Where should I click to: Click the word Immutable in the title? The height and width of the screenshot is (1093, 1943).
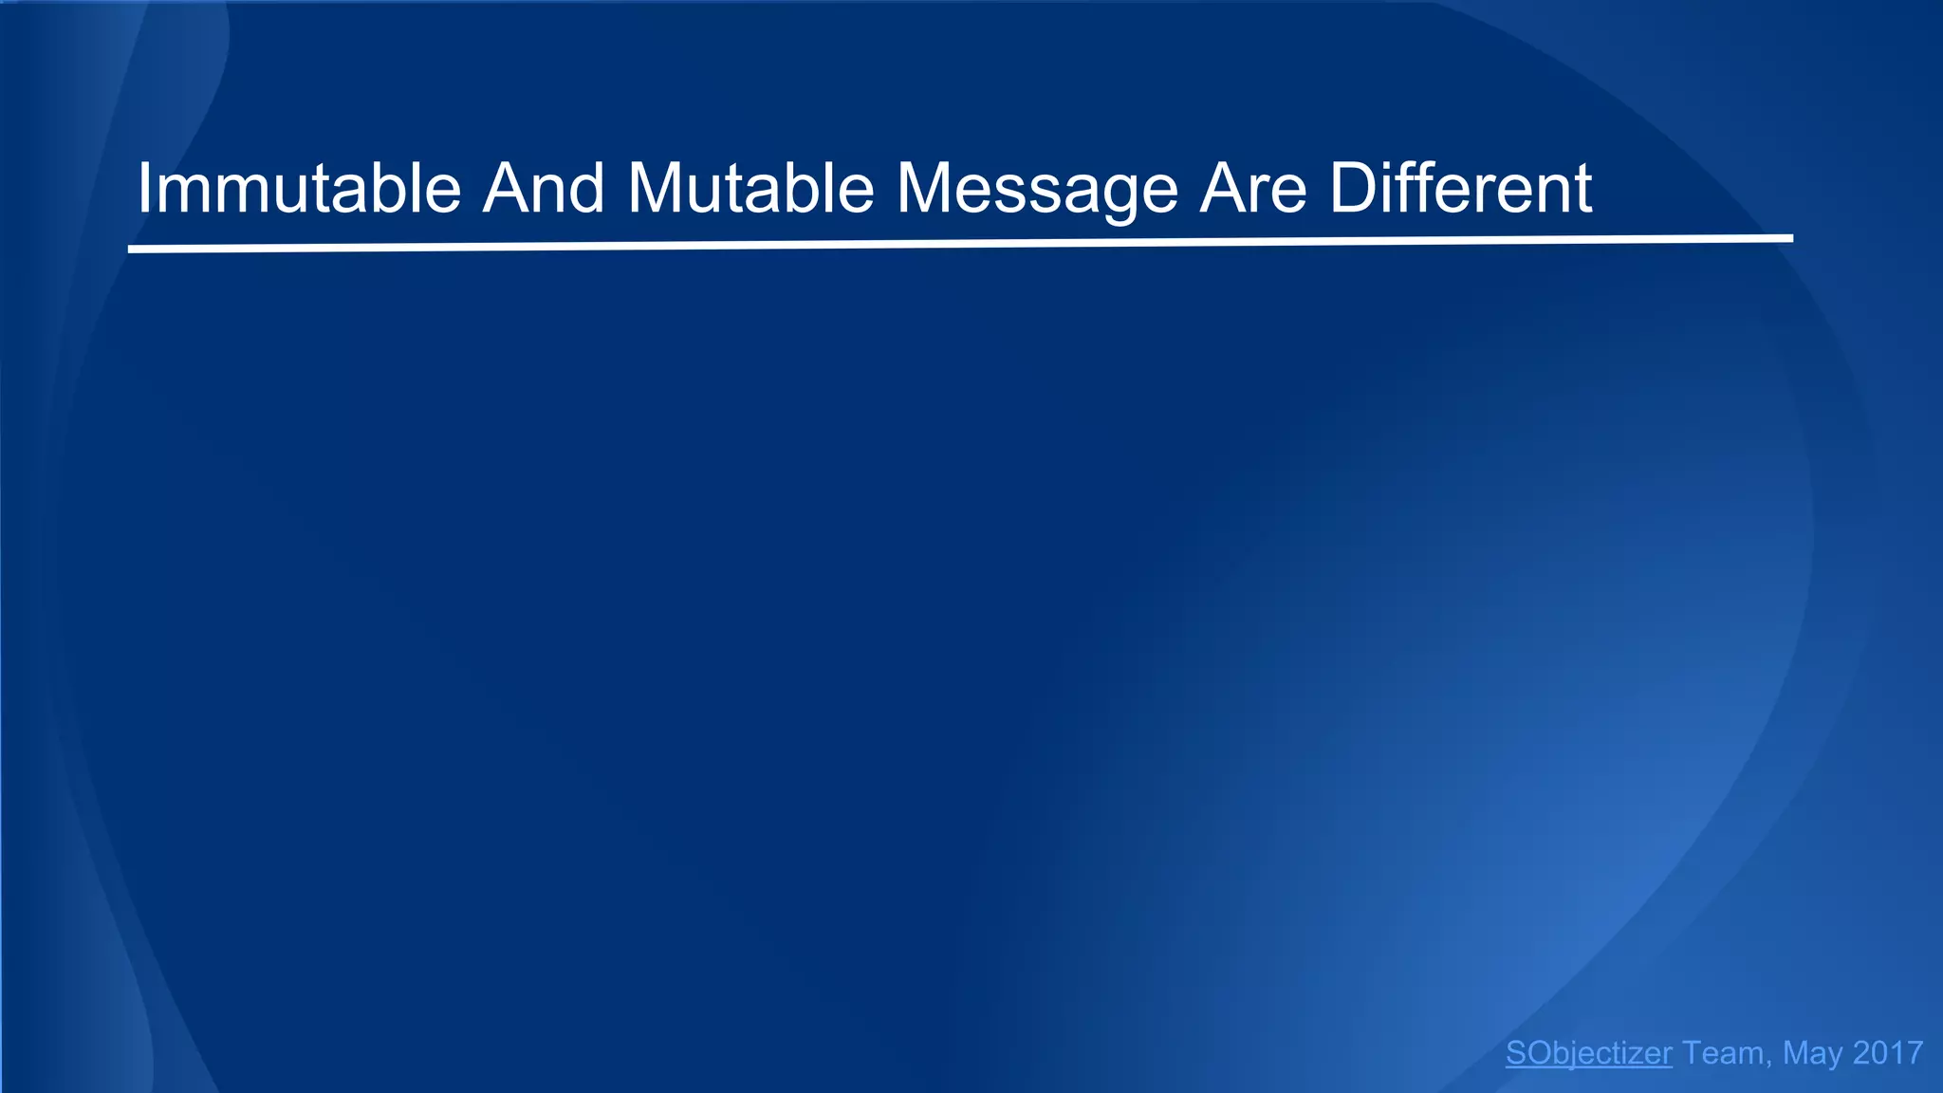[x=299, y=189]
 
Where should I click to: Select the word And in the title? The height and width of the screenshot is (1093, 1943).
[x=543, y=189]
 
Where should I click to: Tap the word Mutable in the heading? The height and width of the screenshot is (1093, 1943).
[x=750, y=189]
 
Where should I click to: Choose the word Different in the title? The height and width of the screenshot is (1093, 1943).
[x=1460, y=189]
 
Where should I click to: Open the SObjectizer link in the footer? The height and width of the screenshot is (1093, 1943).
[x=1588, y=1053]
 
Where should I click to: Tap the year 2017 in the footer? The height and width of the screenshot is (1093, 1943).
[x=1888, y=1053]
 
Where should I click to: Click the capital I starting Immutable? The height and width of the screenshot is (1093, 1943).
[x=144, y=189]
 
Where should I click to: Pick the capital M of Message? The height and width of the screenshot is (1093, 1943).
[x=925, y=189]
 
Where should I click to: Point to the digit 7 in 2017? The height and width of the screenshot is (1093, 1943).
[x=1914, y=1053]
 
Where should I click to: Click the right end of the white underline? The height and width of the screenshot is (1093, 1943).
[x=1790, y=238]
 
